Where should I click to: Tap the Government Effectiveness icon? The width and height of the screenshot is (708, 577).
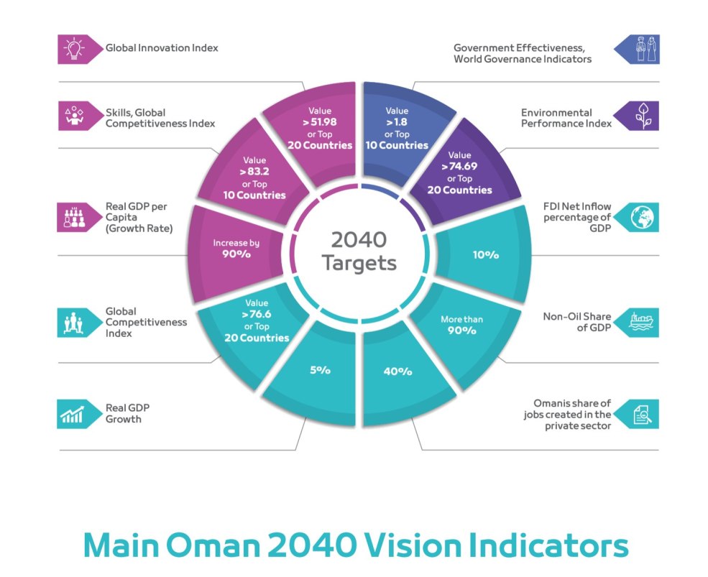tap(641, 48)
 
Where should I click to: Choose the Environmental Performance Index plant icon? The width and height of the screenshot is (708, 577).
tap(641, 116)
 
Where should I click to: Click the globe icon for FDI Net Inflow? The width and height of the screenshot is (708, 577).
tap(641, 218)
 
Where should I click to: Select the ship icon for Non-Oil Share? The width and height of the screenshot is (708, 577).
tap(641, 322)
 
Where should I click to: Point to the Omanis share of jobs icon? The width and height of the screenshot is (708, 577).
tap(641, 414)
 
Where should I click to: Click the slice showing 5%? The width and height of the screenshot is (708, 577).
tap(320, 371)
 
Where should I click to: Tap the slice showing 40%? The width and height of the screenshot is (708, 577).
tap(397, 371)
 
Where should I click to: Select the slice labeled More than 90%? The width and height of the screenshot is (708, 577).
tap(462, 325)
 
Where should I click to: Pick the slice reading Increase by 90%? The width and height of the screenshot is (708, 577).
tap(236, 249)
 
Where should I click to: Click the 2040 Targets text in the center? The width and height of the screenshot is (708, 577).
tap(359, 251)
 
